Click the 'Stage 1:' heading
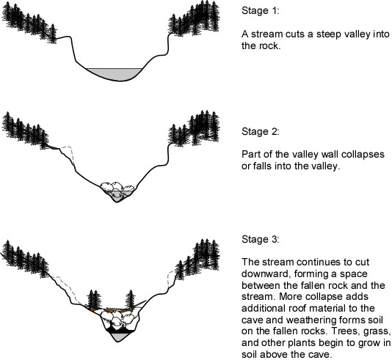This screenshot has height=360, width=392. click(x=260, y=10)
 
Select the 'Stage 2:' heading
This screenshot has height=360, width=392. click(x=260, y=131)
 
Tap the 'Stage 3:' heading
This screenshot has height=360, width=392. click(x=260, y=239)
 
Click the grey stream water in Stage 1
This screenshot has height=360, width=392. click(x=115, y=73)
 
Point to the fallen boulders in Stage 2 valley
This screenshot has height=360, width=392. click(x=117, y=188)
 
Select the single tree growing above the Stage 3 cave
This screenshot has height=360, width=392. click(x=130, y=300)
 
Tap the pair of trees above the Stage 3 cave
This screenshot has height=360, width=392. click(x=95, y=300)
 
